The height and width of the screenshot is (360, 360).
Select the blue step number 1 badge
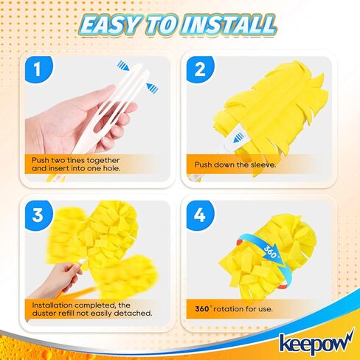(34, 69)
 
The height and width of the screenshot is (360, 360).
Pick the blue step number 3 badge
(34, 214)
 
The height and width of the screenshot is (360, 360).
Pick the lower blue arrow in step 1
(152, 89)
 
